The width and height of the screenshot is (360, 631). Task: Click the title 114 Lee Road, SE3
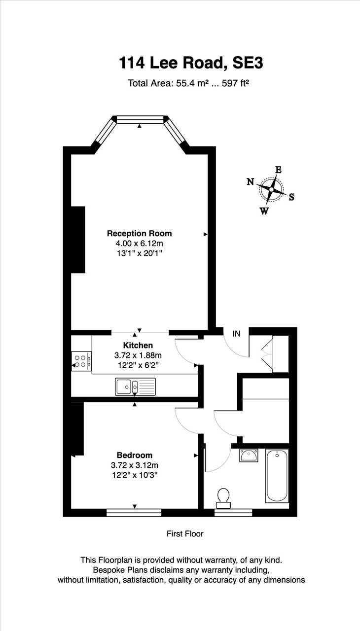pyautogui.click(x=191, y=63)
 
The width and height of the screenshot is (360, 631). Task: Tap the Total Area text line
pyautogui.click(x=188, y=83)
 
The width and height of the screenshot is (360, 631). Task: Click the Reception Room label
pyautogui.click(x=139, y=233)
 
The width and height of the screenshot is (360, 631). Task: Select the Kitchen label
pyautogui.click(x=138, y=346)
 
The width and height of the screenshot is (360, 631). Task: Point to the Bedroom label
pyautogui.click(x=135, y=455)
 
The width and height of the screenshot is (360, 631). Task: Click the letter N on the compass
pyautogui.click(x=251, y=182)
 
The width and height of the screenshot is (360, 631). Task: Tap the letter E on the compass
pyautogui.click(x=278, y=170)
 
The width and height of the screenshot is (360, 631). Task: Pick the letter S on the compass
pyautogui.click(x=291, y=197)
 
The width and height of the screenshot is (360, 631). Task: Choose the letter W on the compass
pyautogui.click(x=264, y=211)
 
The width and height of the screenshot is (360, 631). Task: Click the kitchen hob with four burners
pyautogui.click(x=81, y=361)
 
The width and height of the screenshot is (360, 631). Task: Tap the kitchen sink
pyautogui.click(x=135, y=386)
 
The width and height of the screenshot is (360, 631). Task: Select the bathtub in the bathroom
pyautogui.click(x=277, y=476)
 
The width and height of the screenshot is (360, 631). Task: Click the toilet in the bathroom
pyautogui.click(x=223, y=498)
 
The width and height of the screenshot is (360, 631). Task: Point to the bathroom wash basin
pyautogui.click(x=249, y=456)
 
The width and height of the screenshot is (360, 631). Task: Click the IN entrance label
pyautogui.click(x=236, y=334)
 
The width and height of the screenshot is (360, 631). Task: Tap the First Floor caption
pyautogui.click(x=185, y=534)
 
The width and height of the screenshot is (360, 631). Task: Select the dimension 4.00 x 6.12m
pyautogui.click(x=140, y=243)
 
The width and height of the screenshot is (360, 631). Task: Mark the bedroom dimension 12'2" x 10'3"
pyautogui.click(x=135, y=475)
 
